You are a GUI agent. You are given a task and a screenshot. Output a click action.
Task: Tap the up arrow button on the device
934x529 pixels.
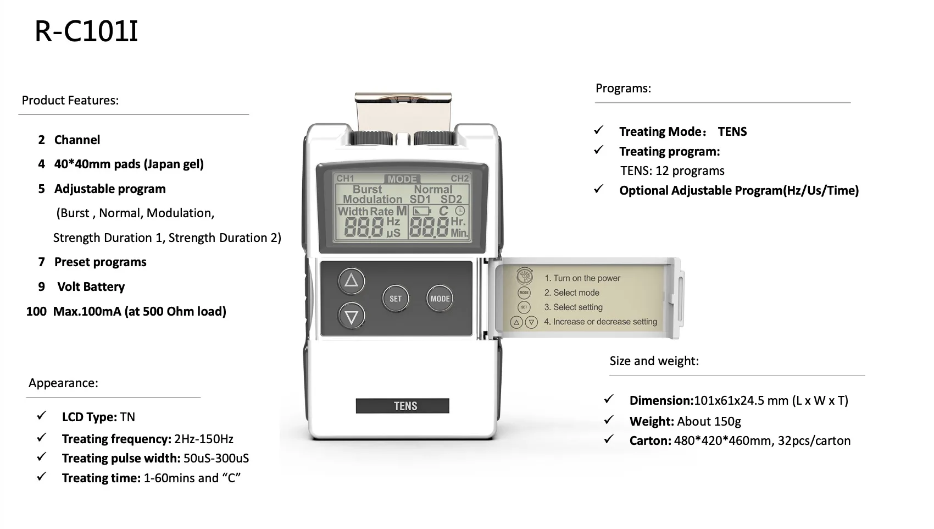point(351,281)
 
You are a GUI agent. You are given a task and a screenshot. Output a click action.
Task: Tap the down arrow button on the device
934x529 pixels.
point(351,316)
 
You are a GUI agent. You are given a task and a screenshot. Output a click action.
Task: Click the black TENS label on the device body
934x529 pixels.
point(403,406)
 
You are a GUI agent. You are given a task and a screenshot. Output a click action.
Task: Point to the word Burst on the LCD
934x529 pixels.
point(367,189)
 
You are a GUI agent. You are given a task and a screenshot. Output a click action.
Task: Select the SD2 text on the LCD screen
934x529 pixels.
point(451,200)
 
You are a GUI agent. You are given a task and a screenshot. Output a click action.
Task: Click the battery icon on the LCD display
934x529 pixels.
point(422,211)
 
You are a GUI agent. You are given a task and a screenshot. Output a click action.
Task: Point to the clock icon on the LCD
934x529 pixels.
point(460,211)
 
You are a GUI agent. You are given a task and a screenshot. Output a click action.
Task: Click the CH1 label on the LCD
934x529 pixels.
point(346,179)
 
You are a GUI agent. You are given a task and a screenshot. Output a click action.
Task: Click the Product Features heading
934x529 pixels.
point(70,100)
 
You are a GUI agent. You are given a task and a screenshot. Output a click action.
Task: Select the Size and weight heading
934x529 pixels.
point(654,361)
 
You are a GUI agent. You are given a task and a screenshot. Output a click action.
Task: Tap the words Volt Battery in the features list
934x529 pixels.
point(91,286)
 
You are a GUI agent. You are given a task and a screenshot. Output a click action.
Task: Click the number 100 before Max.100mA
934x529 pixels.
point(36,311)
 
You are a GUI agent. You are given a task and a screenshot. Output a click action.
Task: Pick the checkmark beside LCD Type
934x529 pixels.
point(42,416)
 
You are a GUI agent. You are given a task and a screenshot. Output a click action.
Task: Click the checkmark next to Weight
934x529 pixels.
point(609,420)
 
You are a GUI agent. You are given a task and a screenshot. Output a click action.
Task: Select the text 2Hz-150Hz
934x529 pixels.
point(204,439)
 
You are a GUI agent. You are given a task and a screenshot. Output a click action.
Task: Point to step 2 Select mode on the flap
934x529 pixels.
point(571,293)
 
